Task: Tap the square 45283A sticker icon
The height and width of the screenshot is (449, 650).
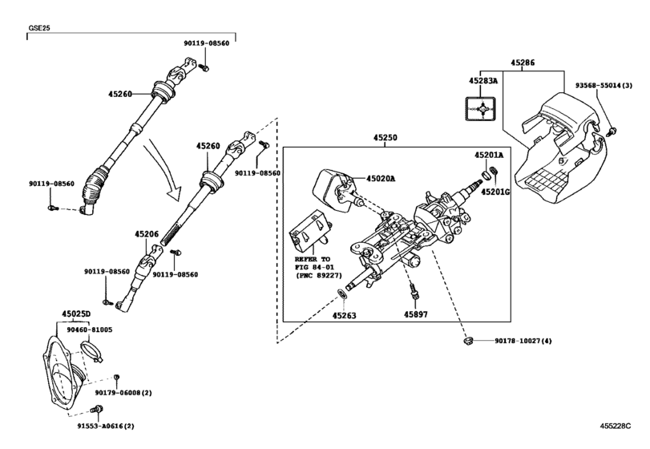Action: tap(482, 107)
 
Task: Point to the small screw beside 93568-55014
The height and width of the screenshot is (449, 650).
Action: tap(612, 130)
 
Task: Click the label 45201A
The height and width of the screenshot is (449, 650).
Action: tap(488, 155)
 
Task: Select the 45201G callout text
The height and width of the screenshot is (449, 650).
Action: tap(495, 192)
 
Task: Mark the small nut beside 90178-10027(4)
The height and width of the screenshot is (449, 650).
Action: tap(466, 342)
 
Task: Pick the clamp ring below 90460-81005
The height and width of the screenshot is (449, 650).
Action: tap(92, 349)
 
